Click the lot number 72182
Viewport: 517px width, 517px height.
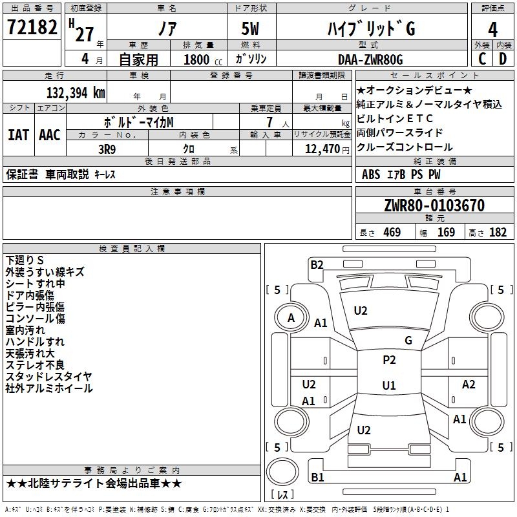32,26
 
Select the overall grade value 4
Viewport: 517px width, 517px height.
492,29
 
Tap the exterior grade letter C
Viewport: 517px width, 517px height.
482,59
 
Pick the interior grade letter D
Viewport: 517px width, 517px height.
503,59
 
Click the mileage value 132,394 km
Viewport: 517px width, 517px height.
76,93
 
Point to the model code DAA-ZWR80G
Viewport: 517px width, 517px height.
370,59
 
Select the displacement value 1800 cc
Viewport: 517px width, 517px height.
203,59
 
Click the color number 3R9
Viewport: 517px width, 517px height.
107,149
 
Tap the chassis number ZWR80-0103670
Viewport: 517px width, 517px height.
434,206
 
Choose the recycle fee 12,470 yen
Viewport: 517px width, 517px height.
327,149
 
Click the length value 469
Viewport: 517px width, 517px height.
392,232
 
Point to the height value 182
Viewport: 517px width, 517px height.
498,232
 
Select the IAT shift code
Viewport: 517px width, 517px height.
18,135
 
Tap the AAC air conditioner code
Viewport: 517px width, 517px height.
50,135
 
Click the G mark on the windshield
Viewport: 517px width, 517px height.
408,341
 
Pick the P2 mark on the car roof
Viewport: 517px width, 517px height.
389,360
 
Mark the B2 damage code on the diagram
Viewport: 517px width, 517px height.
317,265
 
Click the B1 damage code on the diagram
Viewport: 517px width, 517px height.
317,477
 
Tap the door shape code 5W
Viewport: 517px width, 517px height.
250,28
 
